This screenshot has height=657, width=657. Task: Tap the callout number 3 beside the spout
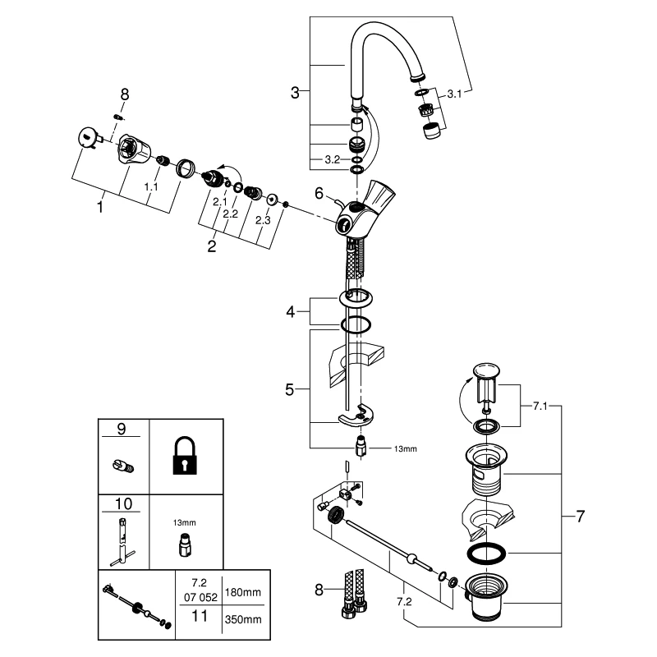click(295, 93)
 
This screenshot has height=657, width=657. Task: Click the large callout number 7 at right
click(581, 517)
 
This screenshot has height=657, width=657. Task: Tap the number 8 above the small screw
click(125, 95)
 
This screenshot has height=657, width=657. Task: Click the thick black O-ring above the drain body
click(485, 552)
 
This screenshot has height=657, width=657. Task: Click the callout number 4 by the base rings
click(289, 312)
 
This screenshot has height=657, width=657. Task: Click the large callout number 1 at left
click(100, 208)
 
